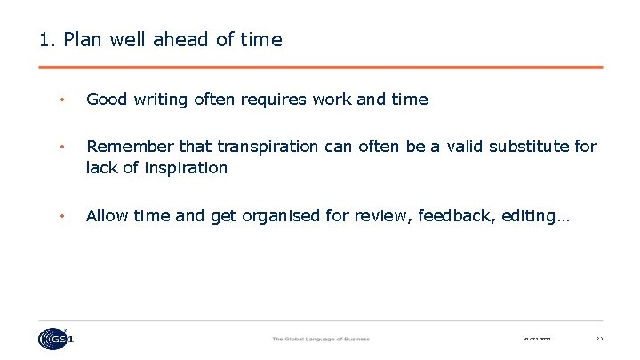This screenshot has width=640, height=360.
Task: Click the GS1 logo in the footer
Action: point(57,339)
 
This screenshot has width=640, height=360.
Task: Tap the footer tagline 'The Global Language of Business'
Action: point(320,339)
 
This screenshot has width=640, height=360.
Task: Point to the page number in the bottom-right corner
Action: point(599,339)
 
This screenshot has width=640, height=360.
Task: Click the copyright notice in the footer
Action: point(538,339)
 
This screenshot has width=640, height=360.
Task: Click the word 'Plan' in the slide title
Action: point(83,40)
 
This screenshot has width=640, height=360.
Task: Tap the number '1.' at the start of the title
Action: point(48,40)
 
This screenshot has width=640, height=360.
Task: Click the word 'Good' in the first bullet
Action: point(107,100)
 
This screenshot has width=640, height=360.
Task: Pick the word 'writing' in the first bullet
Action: point(161,100)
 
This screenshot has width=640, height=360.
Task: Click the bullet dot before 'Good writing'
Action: point(61,100)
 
